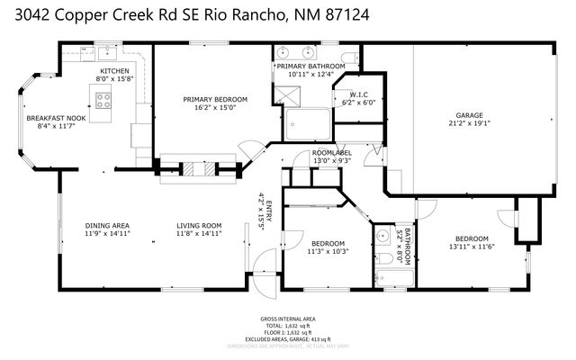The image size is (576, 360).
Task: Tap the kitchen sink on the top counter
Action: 105,49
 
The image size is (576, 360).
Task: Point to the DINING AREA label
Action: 107,225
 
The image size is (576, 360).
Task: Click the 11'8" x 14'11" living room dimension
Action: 198,234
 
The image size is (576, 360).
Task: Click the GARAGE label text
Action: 469,115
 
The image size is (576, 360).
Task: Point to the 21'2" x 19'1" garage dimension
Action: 469,124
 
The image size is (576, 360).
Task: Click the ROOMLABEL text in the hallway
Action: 331,153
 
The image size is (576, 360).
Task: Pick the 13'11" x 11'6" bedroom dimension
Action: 472,246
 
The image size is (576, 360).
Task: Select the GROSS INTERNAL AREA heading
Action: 287,319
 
